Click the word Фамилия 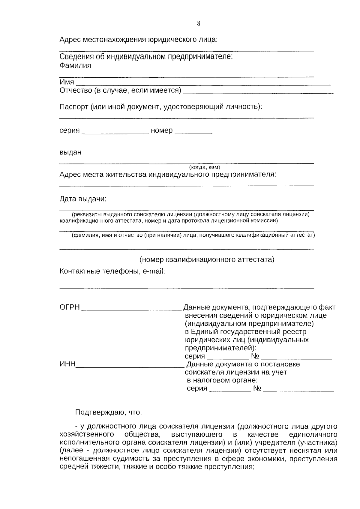pyautogui.click(x=75, y=66)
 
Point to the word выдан pyautogui.click(x=70, y=152)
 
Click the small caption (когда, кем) pyautogui.click(x=205, y=167)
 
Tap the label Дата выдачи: pyautogui.click(x=83, y=199)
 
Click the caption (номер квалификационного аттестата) pyautogui.click(x=207, y=259)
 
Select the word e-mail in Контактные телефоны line pyautogui.click(x=154, y=271)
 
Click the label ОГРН pyautogui.click(x=70, y=307)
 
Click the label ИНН pyautogui.click(x=67, y=364)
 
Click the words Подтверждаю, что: pyautogui.click(x=108, y=412)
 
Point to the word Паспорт pyautogui.click(x=74, y=107)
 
